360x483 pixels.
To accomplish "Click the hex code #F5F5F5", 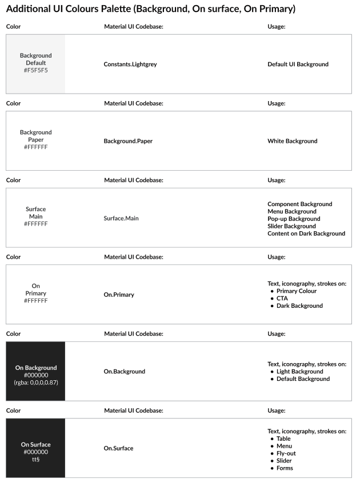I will pyautogui.click(x=35, y=70).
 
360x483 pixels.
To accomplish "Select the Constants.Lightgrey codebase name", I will pyautogui.click(x=130, y=65).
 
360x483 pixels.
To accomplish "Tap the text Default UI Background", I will pyautogui.click(x=298, y=65).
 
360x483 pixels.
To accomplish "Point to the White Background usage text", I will pyautogui.click(x=292, y=141).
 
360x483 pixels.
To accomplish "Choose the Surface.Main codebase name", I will pyautogui.click(x=121, y=218).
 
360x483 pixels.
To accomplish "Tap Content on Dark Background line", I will pyautogui.click(x=306, y=234).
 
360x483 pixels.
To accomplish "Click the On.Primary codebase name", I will pyautogui.click(x=118, y=295).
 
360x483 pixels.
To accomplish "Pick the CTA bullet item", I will pyautogui.click(x=282, y=299).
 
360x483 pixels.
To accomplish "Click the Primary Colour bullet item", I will pyautogui.click(x=296, y=291).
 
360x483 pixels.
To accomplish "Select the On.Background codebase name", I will pyautogui.click(x=124, y=372).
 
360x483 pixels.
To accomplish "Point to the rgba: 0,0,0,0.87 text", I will pyautogui.click(x=35, y=383).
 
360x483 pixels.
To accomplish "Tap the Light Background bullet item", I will pyautogui.click(x=299, y=372).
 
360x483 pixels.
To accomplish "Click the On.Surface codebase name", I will pyautogui.click(x=118, y=448).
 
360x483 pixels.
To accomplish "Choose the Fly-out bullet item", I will pyautogui.click(x=286, y=453).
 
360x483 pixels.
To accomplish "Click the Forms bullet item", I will pyautogui.click(x=285, y=468).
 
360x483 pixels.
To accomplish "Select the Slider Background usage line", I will pyautogui.click(x=291, y=226).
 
